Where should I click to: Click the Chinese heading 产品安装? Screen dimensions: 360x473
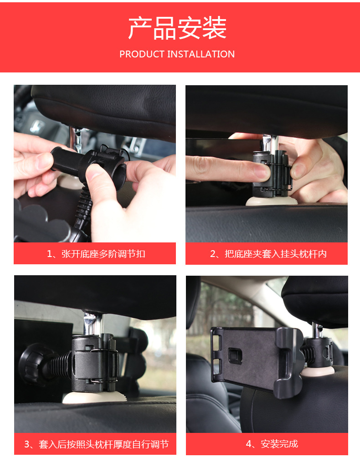(x=177, y=28)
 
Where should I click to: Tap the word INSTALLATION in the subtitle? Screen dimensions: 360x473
(x=201, y=54)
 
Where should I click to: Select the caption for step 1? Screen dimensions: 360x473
(x=96, y=254)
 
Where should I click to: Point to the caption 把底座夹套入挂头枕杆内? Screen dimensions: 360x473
(x=268, y=254)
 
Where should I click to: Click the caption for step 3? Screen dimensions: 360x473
(x=96, y=444)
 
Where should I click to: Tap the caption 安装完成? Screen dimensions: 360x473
(x=272, y=444)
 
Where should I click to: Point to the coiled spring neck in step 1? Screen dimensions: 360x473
(x=83, y=208)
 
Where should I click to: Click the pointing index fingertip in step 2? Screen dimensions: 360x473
(x=262, y=171)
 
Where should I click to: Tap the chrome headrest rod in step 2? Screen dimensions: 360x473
(x=270, y=143)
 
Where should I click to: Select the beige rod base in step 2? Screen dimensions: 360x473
(x=268, y=201)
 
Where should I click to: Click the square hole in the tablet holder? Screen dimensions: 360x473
(x=236, y=355)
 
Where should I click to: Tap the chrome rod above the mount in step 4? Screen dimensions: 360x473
(x=316, y=331)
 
